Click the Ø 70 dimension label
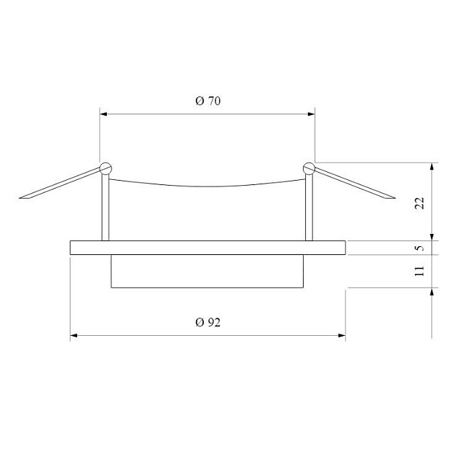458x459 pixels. (x=208, y=102)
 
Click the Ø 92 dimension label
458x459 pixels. (x=208, y=323)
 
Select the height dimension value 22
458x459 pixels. (x=419, y=203)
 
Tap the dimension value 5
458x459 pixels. (x=419, y=248)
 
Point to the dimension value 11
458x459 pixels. (x=419, y=271)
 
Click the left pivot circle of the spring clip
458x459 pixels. (x=105, y=167)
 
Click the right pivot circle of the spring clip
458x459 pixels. (x=309, y=167)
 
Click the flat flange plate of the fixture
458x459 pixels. (x=208, y=248)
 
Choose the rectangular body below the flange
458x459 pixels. (x=208, y=271)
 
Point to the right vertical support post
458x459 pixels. (x=309, y=208)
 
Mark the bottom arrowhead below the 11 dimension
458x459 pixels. (x=433, y=291)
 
